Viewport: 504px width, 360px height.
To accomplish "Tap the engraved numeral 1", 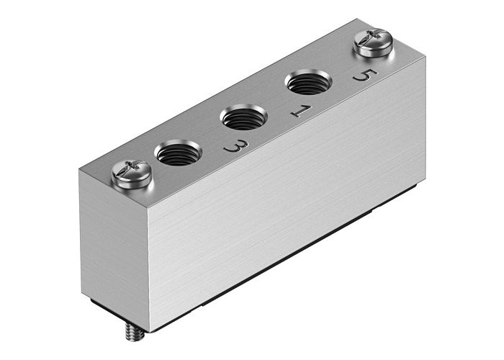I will [x=301, y=112].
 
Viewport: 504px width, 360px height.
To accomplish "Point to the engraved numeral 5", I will [x=364, y=76].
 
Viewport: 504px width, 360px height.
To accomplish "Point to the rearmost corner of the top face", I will [x=358, y=20].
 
